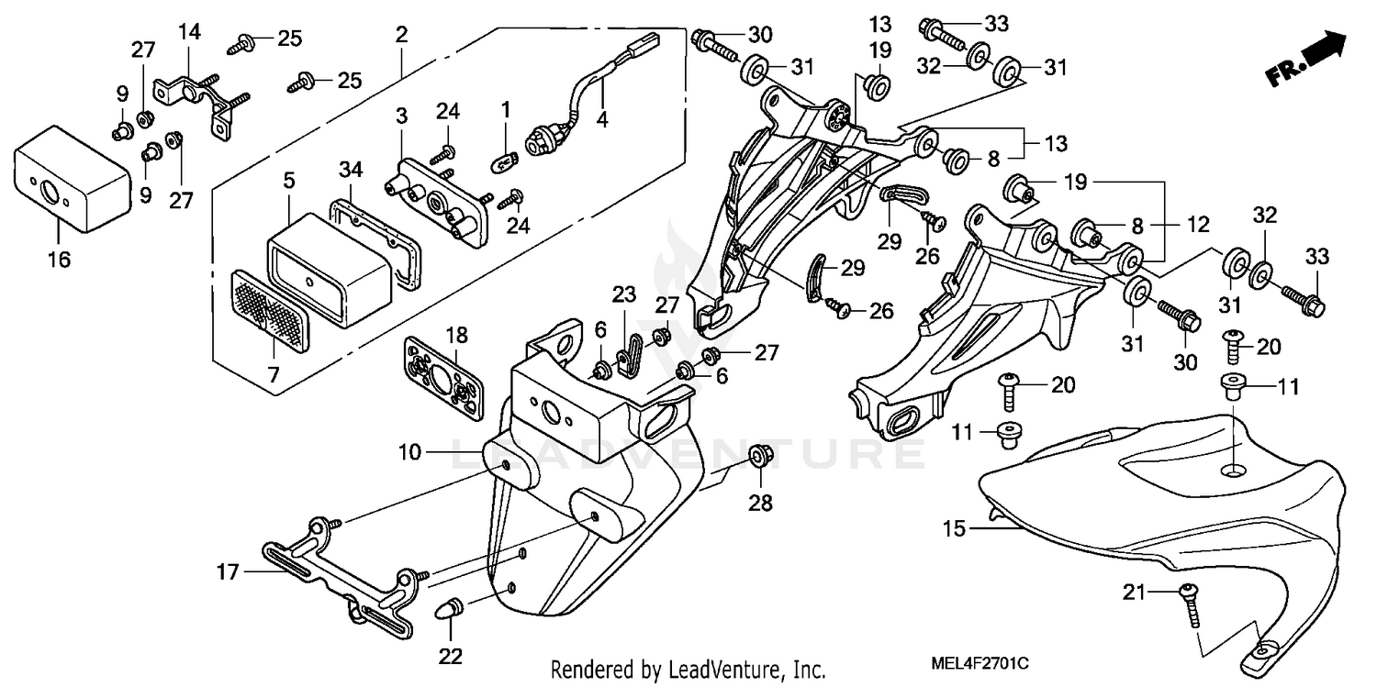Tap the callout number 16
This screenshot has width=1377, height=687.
tap(58, 260)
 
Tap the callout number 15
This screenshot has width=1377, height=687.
tap(955, 529)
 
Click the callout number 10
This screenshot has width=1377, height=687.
tap(409, 452)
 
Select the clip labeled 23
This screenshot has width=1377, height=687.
tap(626, 349)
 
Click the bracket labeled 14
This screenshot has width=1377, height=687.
tap(197, 94)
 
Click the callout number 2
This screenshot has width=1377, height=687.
tap(401, 37)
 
